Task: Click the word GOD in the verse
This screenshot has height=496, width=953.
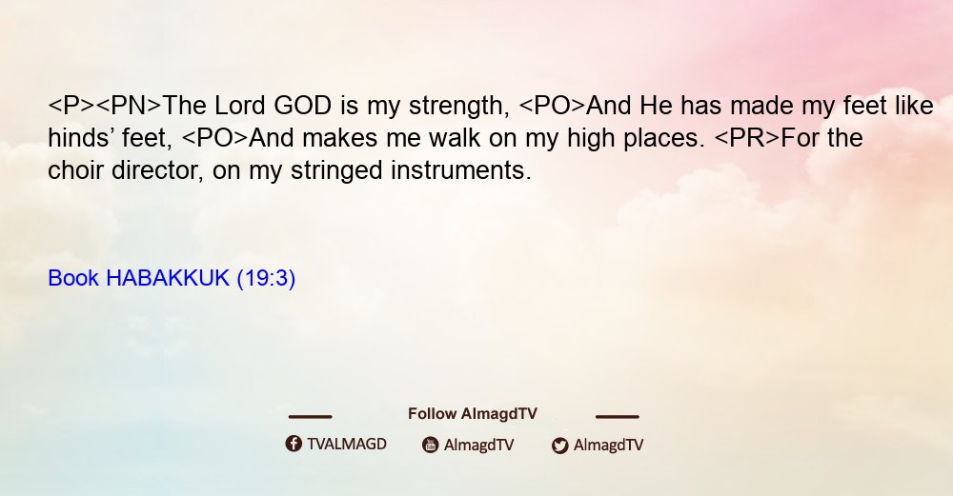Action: (303, 106)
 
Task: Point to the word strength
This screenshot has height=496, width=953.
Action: (459, 107)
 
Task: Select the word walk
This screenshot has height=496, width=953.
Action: (455, 138)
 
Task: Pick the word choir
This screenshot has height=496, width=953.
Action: (75, 170)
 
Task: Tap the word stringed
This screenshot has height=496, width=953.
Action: (336, 171)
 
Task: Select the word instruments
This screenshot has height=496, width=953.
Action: (461, 170)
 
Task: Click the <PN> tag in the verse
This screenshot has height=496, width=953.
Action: (129, 106)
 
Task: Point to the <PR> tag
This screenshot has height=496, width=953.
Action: (747, 138)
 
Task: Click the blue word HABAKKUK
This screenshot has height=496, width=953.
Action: (168, 278)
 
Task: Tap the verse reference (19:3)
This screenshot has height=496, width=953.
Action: (266, 278)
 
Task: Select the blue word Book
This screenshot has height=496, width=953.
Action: (73, 278)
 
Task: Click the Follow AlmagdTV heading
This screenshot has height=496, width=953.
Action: (473, 413)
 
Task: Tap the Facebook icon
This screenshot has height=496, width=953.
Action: (294, 444)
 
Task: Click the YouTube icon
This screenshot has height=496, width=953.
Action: (431, 445)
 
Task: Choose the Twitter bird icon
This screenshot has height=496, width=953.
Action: (559, 446)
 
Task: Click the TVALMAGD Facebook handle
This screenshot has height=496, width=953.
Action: (347, 444)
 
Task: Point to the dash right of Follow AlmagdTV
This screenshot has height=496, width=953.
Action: (617, 416)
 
